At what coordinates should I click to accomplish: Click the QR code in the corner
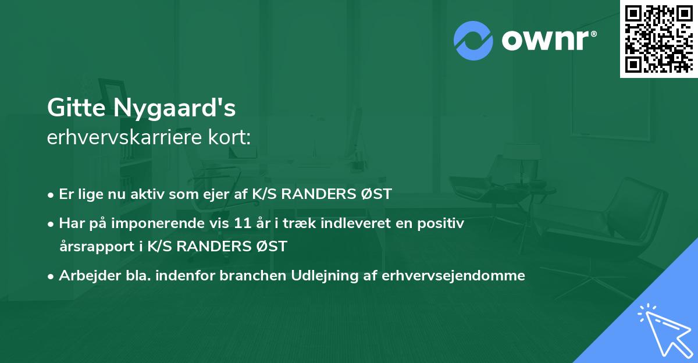[x=658, y=38]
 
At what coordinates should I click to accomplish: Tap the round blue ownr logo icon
[x=473, y=40]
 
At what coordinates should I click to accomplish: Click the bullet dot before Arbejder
[x=51, y=276]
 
